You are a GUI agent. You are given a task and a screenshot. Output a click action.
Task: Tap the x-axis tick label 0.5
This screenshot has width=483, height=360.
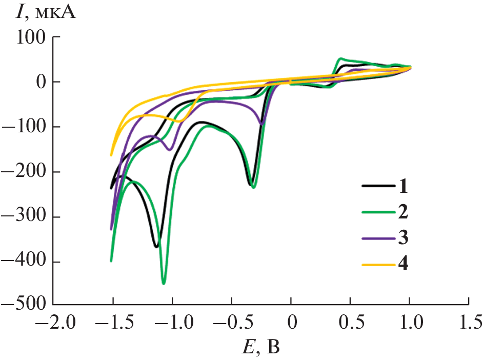(350, 323)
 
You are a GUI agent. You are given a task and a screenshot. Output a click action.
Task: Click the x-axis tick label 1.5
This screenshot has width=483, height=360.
(469, 323)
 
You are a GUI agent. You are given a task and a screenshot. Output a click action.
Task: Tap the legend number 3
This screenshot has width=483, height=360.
(402, 238)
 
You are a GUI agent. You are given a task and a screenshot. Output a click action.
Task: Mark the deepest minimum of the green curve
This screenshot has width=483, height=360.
(164, 283)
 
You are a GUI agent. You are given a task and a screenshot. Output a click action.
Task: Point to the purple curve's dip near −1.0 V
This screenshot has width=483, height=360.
(170, 149)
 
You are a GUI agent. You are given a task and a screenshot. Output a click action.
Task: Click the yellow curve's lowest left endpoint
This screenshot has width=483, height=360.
(111, 155)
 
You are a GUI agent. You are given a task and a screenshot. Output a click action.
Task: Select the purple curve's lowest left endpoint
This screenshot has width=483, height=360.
(111, 229)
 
